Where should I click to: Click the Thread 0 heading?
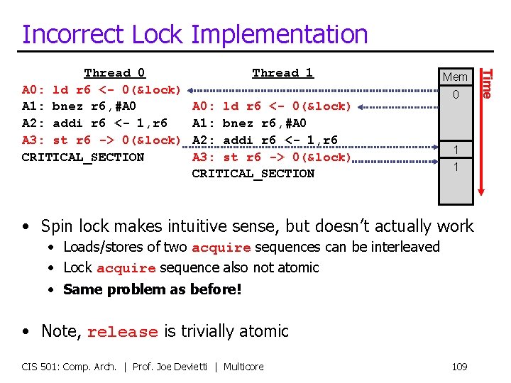tap(114, 73)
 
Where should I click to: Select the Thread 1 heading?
tap(282, 73)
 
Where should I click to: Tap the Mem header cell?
tap(455, 77)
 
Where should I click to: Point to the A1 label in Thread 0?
tap(32, 106)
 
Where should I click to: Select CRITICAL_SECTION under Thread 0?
tap(83, 157)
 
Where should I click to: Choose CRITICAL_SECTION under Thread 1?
tap(253, 173)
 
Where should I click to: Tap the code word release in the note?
tap(122, 332)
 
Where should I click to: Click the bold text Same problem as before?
tap(153, 289)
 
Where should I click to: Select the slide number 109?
tap(459, 367)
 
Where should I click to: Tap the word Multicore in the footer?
tap(243, 367)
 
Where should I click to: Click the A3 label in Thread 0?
tap(32, 140)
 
